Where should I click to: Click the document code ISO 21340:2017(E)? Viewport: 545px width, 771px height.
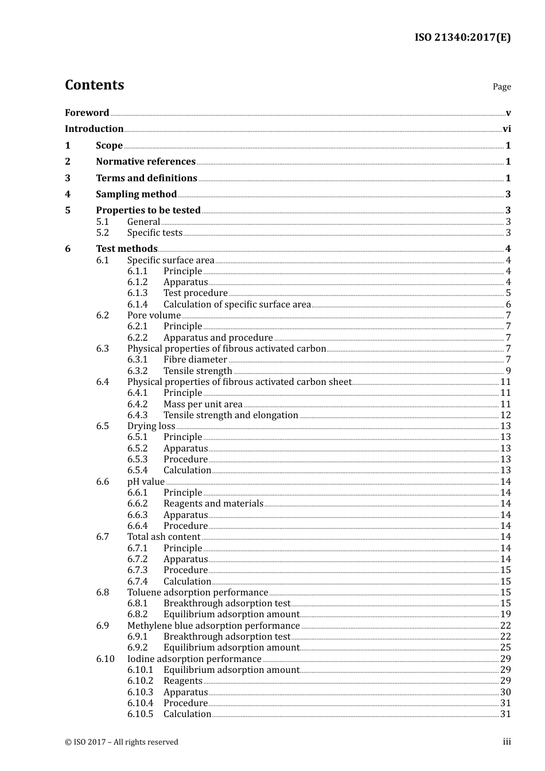(462, 38)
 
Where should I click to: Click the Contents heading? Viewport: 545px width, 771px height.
(94, 85)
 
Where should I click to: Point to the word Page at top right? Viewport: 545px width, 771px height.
(501, 87)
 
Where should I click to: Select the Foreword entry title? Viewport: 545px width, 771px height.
(87, 113)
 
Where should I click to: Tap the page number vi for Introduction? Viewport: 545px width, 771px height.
(507, 129)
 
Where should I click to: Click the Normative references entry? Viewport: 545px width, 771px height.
(146, 162)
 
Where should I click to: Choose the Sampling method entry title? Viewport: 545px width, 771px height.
(136, 194)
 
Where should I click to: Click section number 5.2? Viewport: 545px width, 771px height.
(103, 233)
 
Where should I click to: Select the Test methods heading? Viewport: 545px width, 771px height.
(126, 249)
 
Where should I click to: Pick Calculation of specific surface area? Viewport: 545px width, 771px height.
(237, 305)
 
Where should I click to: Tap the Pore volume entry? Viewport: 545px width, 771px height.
(154, 316)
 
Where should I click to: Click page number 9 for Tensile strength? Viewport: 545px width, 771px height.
(508, 371)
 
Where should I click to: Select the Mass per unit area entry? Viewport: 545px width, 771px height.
(203, 404)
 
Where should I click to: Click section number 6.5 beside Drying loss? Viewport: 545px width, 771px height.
(103, 426)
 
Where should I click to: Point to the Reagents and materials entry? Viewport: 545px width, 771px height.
(213, 504)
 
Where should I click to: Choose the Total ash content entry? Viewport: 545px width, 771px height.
(163, 537)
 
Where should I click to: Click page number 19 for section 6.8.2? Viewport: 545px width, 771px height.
(505, 614)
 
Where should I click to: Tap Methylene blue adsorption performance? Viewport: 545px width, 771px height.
(213, 626)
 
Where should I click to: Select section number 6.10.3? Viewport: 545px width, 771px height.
(141, 692)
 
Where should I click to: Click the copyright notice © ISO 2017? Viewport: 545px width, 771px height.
(122, 742)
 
